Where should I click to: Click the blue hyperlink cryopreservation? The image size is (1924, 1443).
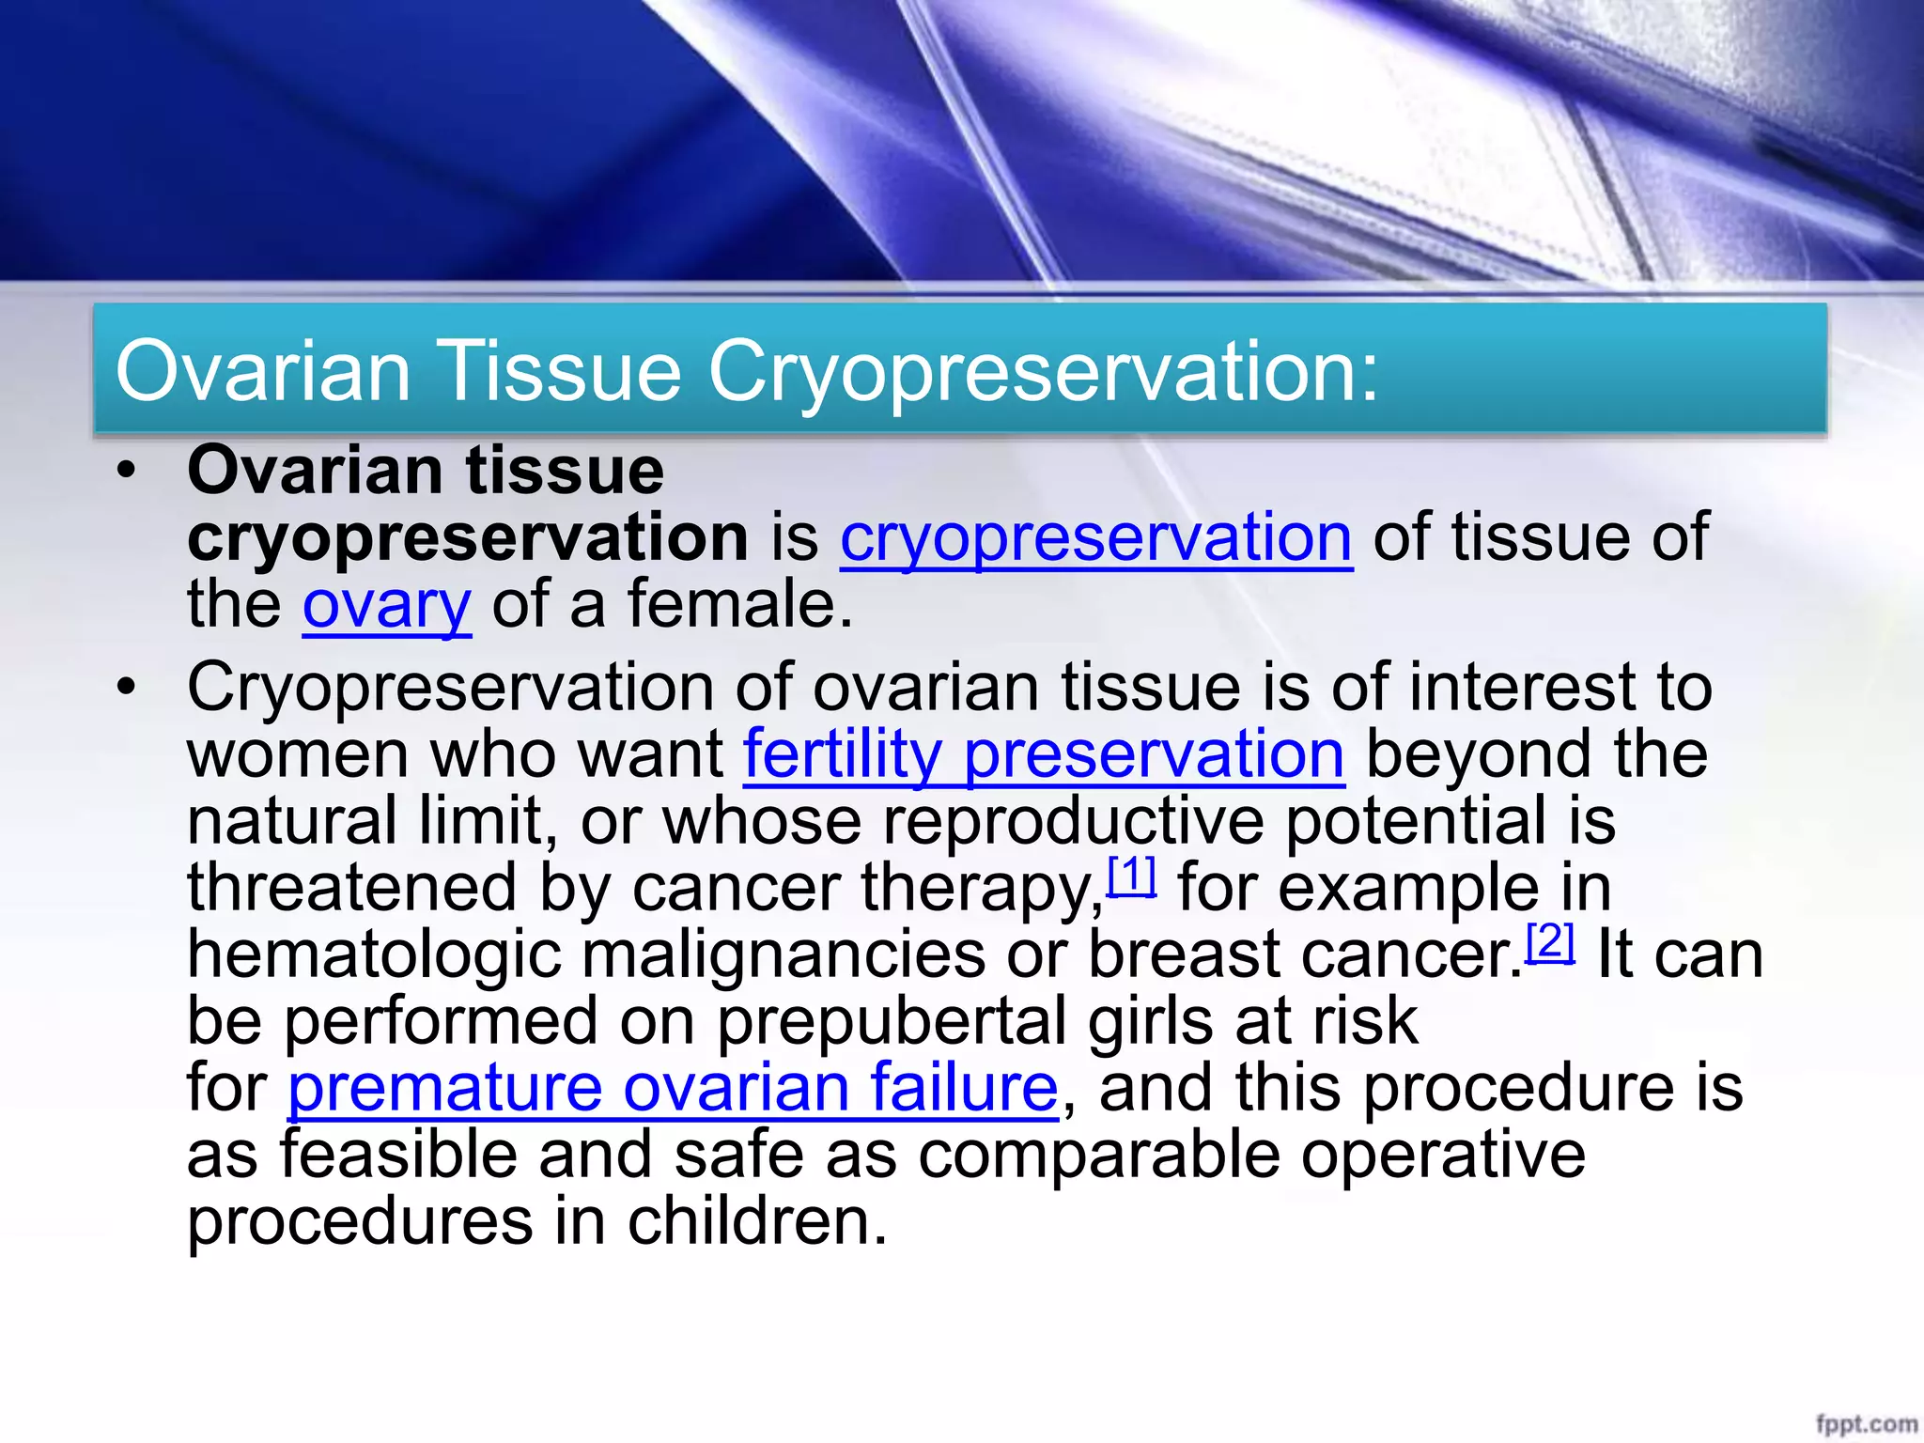click(1095, 538)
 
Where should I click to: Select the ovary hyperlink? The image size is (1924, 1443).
click(386, 606)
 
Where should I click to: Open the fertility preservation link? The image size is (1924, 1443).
click(1044, 754)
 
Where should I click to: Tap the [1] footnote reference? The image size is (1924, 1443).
click(1131, 876)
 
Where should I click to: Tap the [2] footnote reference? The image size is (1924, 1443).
click(1550, 941)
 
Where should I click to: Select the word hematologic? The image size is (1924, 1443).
click(373, 956)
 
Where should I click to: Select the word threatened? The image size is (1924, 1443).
click(351, 888)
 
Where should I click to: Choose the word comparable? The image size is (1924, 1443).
click(1098, 1156)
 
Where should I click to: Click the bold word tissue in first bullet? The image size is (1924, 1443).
click(565, 471)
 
